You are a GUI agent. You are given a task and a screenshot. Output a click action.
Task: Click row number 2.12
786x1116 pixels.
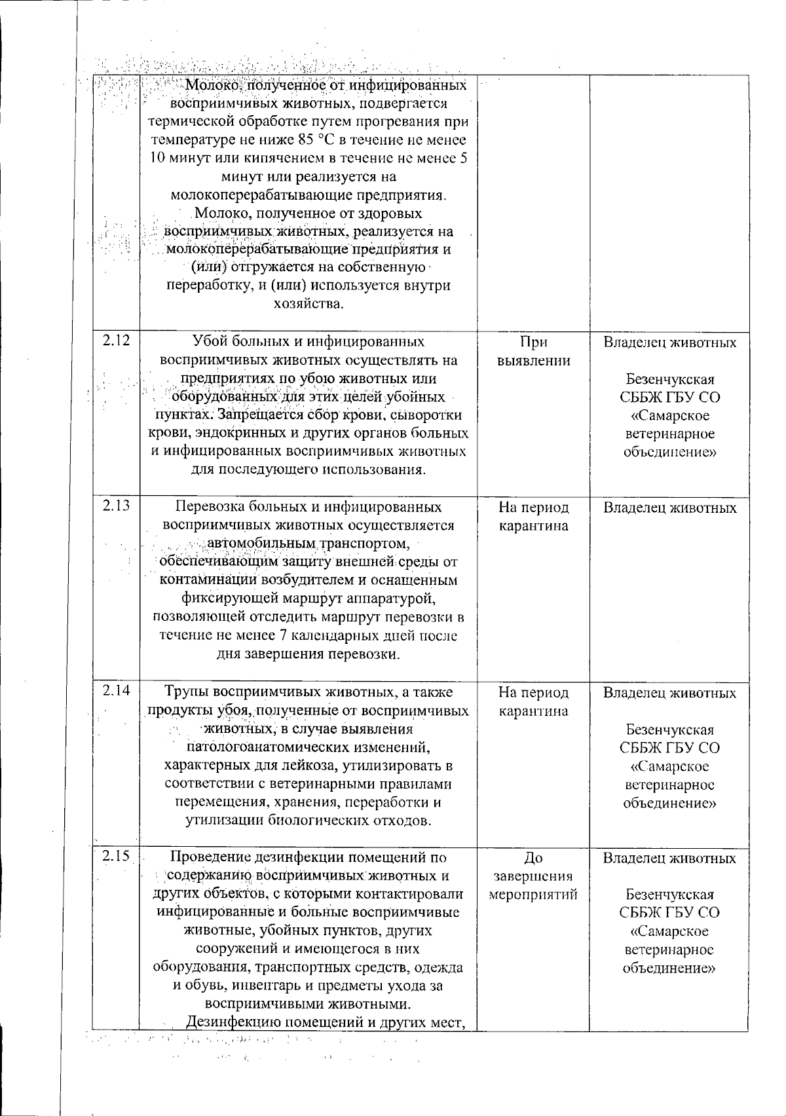coord(116,341)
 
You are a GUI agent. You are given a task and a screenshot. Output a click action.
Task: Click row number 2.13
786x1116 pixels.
coord(116,506)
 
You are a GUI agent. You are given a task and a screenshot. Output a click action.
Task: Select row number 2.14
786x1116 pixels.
coord(116,690)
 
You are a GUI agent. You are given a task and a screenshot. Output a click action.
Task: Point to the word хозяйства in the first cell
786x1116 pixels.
coord(307,304)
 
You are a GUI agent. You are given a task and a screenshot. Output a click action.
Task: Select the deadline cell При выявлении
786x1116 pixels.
coord(533,351)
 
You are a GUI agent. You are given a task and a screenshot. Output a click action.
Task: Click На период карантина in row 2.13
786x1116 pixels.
coord(533,517)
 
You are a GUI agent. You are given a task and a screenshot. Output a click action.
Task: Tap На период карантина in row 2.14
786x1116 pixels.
coord(533,701)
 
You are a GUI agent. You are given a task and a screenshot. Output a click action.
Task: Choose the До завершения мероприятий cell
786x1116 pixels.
coord(533,876)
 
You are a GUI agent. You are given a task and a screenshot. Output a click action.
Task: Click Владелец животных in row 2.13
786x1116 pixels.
coord(669,508)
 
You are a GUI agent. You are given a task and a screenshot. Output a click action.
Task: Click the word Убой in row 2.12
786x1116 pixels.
coord(208,341)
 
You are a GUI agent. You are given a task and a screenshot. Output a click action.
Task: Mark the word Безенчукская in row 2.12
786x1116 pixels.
coord(669,379)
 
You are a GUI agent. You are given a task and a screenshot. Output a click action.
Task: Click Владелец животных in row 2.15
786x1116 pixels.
coord(669,858)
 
